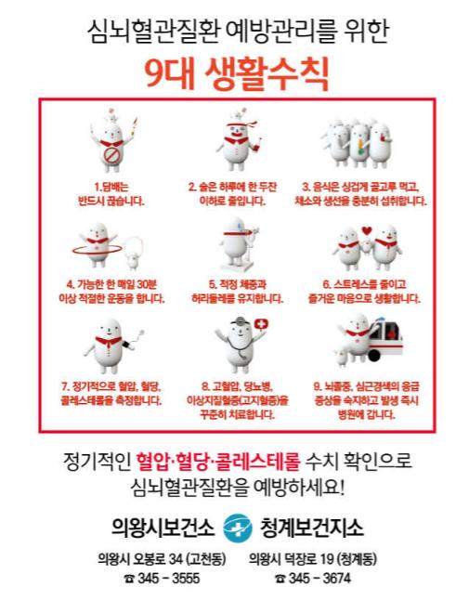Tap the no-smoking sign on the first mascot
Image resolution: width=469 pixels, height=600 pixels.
pyautogui.click(x=111, y=156)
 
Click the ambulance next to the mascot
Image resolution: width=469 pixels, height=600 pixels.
pyautogui.click(x=384, y=341)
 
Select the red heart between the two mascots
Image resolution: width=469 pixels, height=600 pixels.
pyautogui.click(x=367, y=230)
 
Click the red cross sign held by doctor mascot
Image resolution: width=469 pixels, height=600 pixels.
pyautogui.click(x=261, y=324)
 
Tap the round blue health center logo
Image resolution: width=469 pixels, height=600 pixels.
pyautogui.click(x=238, y=528)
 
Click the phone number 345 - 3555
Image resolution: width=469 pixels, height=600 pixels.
pyautogui.click(x=162, y=579)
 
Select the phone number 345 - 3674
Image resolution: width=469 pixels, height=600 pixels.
pyautogui.click(x=313, y=579)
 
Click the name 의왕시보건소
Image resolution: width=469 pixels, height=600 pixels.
pyautogui.click(x=163, y=528)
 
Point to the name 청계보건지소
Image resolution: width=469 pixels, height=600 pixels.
pyautogui.click(x=312, y=528)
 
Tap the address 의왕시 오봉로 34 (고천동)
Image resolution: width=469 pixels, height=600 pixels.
pyautogui.click(x=162, y=559)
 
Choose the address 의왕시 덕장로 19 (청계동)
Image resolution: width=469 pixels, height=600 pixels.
pyautogui.click(x=313, y=559)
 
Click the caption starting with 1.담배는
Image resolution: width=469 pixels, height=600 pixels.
pyautogui.click(x=111, y=194)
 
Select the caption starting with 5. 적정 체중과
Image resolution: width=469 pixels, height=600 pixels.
pyautogui.click(x=238, y=292)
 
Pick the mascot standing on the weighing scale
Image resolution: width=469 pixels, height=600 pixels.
pyautogui.click(x=238, y=245)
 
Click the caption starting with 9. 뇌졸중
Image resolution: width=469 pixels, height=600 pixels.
pyautogui.click(x=366, y=400)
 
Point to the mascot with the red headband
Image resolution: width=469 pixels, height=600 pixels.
pyautogui.click(x=238, y=140)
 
